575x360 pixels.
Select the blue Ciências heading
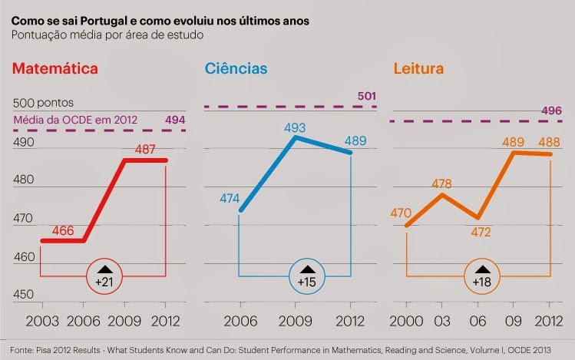click(234, 69)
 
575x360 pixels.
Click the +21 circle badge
click(104, 276)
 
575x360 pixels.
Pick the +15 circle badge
click(306, 276)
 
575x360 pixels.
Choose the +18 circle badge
click(483, 276)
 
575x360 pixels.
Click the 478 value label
click(441, 184)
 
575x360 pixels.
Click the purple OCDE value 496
click(551, 111)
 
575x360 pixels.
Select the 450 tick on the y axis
click(25, 295)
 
